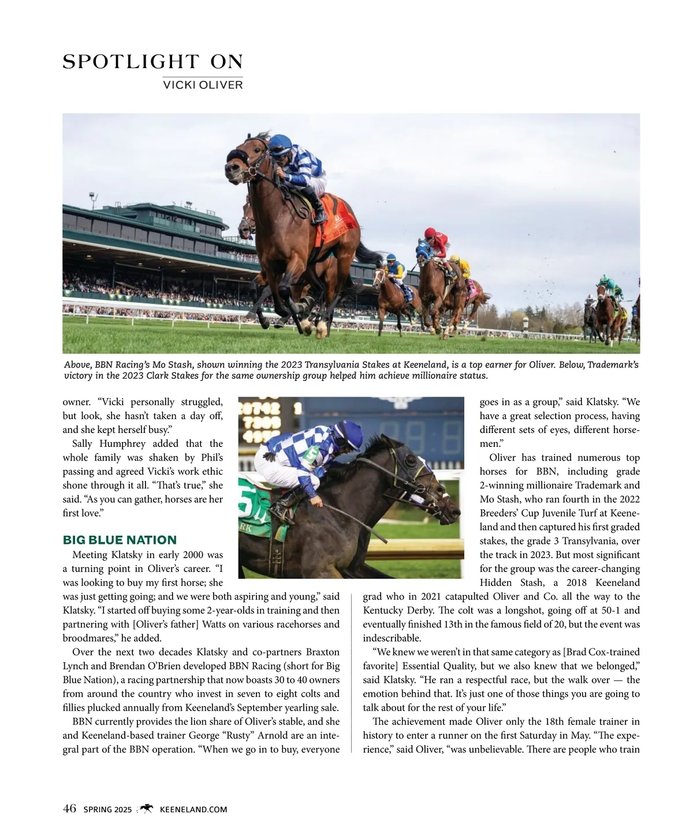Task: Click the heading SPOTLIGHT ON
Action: [152, 62]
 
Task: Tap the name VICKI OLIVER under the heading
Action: [203, 85]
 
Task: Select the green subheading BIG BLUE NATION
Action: [120, 540]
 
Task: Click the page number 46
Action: [69, 809]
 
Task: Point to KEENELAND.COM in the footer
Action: [193, 809]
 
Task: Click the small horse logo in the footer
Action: [146, 809]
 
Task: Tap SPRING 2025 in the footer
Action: [107, 809]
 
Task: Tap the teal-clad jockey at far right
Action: [608, 285]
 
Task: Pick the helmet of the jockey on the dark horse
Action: [349, 434]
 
